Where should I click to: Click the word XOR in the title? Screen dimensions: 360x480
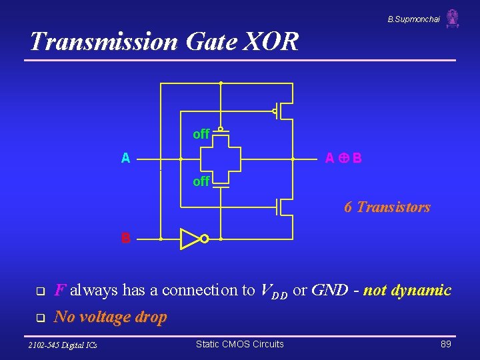point(272,42)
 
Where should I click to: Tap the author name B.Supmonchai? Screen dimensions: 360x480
point(413,19)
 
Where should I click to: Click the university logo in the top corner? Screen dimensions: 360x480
point(453,18)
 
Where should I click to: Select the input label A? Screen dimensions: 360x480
point(125,159)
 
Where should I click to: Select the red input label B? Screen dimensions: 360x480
point(125,238)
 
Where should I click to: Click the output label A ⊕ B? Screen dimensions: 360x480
point(343,159)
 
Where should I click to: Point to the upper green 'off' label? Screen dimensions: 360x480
point(201,135)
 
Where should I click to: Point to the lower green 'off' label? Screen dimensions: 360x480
point(201,181)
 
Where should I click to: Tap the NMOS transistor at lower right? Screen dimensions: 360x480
point(283,207)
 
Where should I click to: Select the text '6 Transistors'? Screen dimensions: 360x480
point(387,207)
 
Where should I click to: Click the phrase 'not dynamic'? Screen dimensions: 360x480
point(407,291)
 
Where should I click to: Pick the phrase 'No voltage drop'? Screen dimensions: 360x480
point(110,317)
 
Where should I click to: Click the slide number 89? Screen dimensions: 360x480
point(446,344)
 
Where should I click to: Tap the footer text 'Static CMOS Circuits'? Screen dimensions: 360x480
point(239,344)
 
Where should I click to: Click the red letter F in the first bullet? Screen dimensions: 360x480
point(59,291)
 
